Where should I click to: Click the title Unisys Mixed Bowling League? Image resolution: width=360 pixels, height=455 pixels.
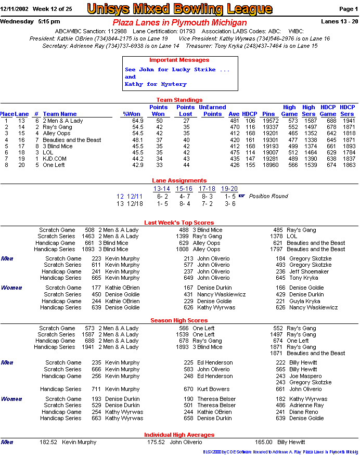(179, 9)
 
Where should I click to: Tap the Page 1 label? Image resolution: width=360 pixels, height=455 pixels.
(348, 9)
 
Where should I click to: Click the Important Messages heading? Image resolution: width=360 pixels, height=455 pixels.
(179, 60)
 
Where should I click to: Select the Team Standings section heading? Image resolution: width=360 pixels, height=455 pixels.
(179, 100)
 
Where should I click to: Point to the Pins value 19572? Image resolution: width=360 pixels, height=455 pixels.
(268, 121)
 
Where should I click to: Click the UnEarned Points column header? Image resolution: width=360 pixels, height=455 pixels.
(212, 111)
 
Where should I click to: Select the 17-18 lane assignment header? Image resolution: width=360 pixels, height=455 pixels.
(207, 189)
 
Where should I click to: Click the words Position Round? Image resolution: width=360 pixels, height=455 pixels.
(268, 196)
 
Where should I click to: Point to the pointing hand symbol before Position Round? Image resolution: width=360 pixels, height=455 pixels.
(241, 196)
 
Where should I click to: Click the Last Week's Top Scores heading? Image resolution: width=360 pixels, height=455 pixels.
(179, 223)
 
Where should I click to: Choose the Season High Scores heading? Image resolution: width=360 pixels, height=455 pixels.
(179, 320)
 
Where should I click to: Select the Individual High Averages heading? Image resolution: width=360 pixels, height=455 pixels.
(179, 435)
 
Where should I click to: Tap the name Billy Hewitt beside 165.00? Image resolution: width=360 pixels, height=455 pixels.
(291, 442)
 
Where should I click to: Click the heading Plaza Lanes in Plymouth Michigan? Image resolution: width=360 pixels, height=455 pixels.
(179, 23)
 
